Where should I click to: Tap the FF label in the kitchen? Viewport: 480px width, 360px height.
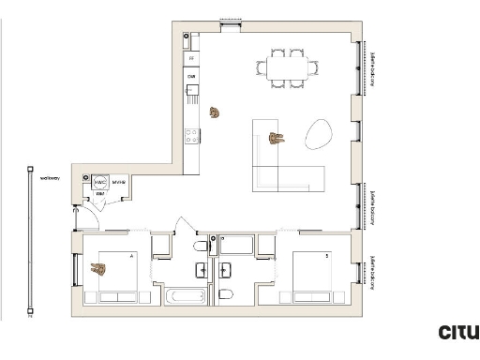[190, 59]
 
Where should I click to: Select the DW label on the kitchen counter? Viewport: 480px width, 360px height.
[190, 76]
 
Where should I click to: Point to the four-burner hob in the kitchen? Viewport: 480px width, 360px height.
[190, 136]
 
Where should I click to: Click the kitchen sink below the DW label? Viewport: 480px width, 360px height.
[191, 92]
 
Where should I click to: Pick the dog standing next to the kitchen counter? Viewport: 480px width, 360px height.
[216, 113]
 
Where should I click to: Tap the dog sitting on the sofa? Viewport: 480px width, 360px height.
[276, 139]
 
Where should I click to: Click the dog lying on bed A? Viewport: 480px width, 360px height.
[97, 270]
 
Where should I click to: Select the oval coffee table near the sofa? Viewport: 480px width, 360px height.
[318, 134]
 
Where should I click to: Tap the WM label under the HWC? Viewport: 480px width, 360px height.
[98, 193]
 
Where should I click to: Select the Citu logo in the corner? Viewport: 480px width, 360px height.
[458, 332]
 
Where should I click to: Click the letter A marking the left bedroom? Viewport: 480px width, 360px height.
[131, 254]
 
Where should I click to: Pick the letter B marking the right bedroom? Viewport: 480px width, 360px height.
[325, 254]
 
